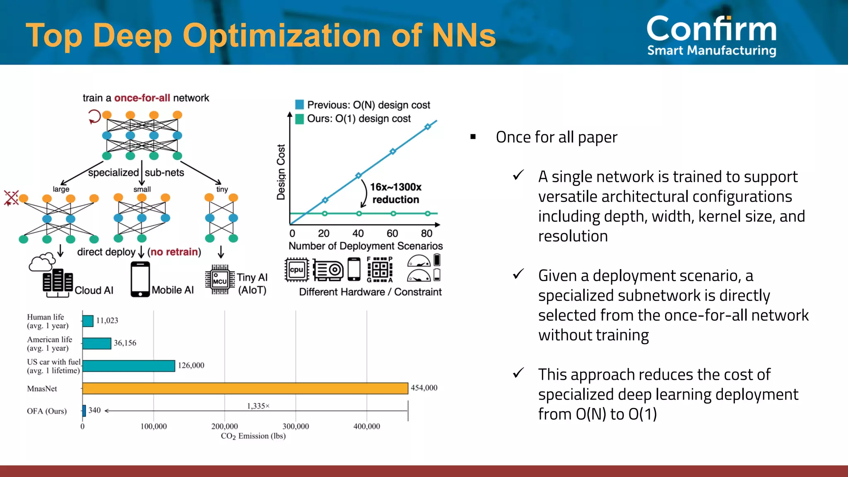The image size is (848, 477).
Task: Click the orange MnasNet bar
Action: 245,388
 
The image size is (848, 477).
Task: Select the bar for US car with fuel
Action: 129,366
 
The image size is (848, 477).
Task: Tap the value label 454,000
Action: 424,388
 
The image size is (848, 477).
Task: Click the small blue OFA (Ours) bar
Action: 84,411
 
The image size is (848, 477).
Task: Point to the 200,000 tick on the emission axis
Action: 224,426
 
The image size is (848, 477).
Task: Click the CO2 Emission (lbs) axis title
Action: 253,436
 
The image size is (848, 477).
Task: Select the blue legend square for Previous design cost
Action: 299,104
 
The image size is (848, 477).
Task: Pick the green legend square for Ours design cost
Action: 299,119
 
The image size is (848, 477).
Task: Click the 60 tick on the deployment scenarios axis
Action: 392,234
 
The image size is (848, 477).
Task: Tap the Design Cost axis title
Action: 281,172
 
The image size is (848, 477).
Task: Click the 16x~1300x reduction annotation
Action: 395,193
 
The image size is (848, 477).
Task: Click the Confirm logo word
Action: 711,29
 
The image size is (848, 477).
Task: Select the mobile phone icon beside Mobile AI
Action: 140,279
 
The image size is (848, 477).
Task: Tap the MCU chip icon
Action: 220,279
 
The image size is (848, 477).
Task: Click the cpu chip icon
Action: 296,270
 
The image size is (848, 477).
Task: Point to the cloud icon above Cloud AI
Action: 42,262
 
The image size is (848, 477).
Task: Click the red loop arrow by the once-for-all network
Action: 94,116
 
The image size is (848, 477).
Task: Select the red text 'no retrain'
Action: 174,252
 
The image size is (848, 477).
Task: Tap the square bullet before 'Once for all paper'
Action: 473,137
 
